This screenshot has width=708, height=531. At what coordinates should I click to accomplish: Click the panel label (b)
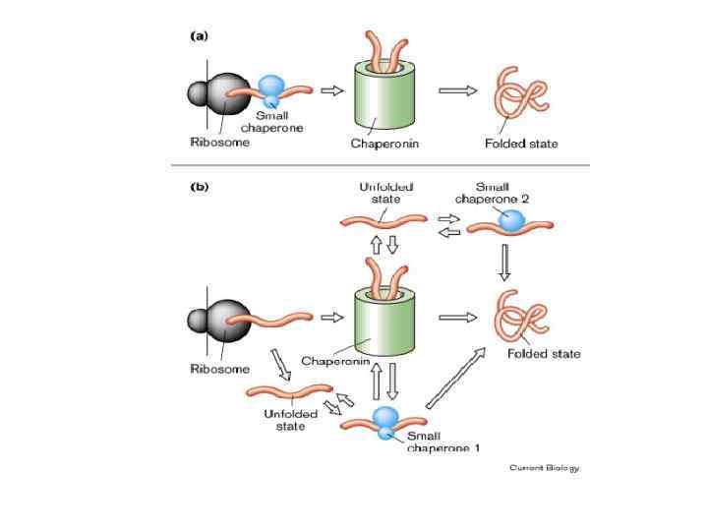pyautogui.click(x=199, y=187)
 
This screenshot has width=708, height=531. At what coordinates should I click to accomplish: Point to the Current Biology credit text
pyautogui.click(x=544, y=467)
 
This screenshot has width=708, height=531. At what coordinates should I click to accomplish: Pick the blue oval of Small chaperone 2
pyautogui.click(x=511, y=222)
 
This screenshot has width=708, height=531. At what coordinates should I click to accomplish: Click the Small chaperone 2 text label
pyautogui.click(x=505, y=193)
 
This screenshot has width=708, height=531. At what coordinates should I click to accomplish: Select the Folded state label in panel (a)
pyautogui.click(x=520, y=144)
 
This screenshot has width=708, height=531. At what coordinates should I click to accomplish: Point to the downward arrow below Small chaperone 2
pyautogui.click(x=505, y=262)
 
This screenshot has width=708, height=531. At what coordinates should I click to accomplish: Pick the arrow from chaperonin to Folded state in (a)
pyautogui.click(x=451, y=90)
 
